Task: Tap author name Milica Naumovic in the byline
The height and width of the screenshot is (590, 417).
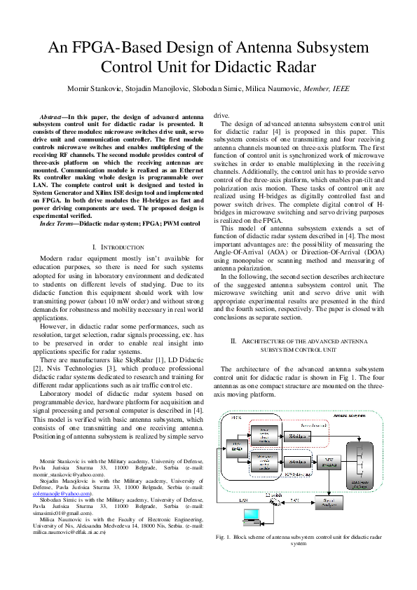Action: [275, 88]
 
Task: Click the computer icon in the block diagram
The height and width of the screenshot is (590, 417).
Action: [252, 516]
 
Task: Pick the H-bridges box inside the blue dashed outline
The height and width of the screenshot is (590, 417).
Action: [296, 462]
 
